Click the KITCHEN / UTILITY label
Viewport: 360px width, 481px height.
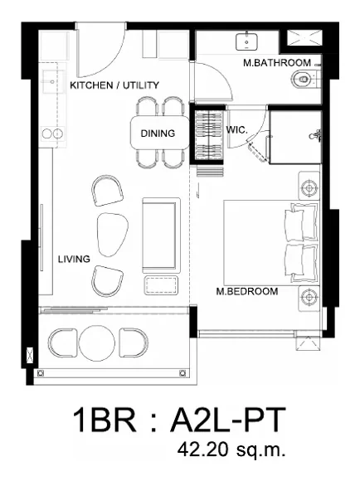pos(114,85)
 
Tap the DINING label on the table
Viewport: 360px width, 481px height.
pos(158,134)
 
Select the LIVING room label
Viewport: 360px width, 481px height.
pos(74,260)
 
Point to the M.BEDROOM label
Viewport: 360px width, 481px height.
pos(247,291)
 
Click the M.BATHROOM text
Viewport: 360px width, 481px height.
pos(277,63)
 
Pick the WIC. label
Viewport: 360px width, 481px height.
pos(236,129)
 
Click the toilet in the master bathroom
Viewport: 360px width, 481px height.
pos(304,79)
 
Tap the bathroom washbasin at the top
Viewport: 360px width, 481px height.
pos(246,41)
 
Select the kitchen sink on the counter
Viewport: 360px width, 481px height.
pos(53,81)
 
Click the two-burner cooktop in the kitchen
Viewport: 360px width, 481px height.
pos(52,134)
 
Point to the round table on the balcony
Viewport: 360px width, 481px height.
pos(97,343)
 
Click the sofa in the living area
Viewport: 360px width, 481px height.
pos(161,236)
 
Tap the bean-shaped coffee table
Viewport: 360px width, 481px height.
pos(112,235)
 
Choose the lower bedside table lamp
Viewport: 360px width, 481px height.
pos(309,297)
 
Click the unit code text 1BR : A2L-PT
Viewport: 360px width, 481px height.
pos(180,420)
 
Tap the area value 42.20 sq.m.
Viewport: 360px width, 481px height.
pos(231,449)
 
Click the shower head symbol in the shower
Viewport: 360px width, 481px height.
pos(315,135)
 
